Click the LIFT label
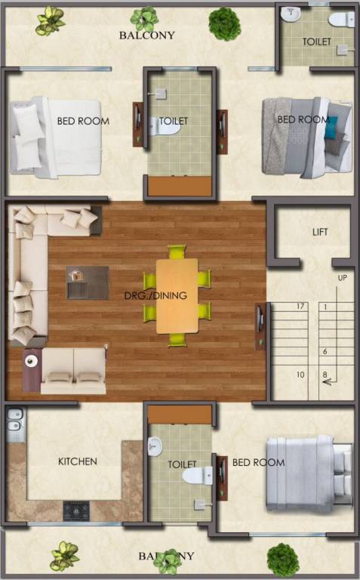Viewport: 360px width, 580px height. (320, 232)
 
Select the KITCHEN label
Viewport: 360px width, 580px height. (78, 461)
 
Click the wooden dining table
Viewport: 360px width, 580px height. (177, 295)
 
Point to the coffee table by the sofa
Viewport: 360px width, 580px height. (87, 282)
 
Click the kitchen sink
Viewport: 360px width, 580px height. (14, 425)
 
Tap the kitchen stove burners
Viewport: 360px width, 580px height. (77, 511)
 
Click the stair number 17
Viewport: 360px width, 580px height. (300, 307)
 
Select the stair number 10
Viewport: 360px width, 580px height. (300, 375)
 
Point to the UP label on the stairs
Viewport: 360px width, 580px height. (342, 279)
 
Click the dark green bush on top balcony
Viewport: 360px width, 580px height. (224, 23)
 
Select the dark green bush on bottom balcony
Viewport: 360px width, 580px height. (283, 559)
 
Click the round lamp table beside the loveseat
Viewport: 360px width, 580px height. (32, 362)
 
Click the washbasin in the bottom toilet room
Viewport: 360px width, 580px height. (155, 447)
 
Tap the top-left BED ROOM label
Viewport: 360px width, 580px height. (83, 121)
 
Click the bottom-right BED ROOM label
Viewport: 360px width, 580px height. (258, 462)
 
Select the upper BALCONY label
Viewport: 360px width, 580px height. (147, 35)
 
